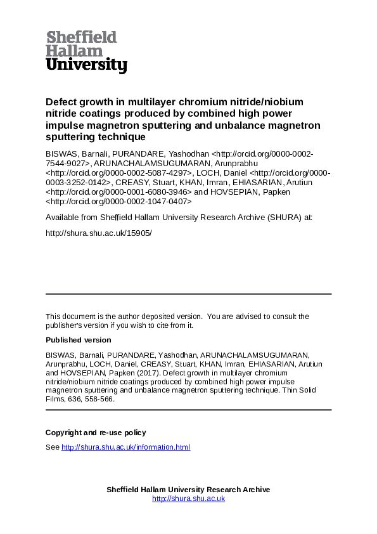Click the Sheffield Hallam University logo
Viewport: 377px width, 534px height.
[86, 52]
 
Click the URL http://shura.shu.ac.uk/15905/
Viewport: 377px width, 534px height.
[99, 233]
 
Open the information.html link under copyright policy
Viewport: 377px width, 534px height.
[125, 447]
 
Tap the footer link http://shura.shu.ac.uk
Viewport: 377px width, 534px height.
[188, 498]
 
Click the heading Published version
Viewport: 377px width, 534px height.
[78, 340]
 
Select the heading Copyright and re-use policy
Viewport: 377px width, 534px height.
[96, 433]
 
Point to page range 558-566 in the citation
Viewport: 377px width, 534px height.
[97, 400]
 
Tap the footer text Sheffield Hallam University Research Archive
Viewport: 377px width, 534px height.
[188, 490]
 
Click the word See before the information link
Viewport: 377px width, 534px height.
[52, 447]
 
